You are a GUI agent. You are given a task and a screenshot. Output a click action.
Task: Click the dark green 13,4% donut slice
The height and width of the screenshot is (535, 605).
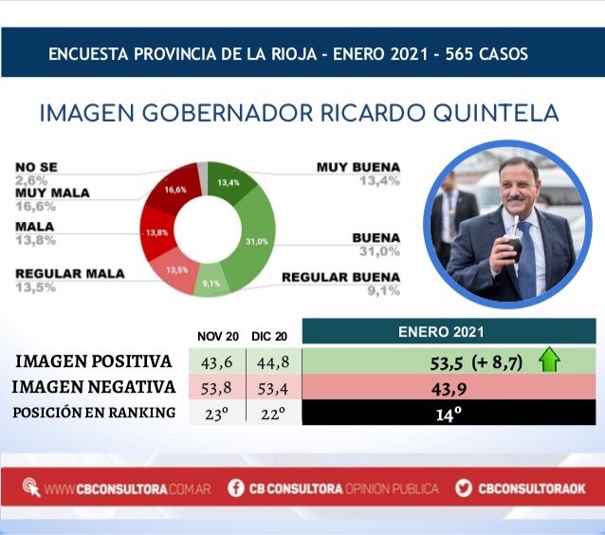click(x=229, y=180)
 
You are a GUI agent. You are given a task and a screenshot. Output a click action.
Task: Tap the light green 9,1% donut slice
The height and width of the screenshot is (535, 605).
click(x=211, y=282)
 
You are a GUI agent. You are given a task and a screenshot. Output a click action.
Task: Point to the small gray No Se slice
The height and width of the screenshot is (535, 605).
click(x=203, y=178)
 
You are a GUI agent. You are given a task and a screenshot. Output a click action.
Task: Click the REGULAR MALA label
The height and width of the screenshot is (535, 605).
click(x=70, y=274)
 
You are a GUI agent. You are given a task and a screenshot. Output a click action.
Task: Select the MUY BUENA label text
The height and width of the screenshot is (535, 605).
click(x=358, y=167)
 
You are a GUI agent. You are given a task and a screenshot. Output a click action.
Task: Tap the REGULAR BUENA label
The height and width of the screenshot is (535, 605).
click(x=340, y=277)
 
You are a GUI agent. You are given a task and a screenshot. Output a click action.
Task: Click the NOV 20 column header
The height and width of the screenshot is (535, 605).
click(x=217, y=337)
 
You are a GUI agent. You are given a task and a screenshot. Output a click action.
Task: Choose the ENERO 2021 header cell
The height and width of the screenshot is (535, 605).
click(x=449, y=332)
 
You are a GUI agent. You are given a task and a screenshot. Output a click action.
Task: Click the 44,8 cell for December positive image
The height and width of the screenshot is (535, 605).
click(x=273, y=362)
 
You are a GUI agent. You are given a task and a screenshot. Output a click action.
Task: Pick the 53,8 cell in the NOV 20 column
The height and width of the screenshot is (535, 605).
click(x=216, y=388)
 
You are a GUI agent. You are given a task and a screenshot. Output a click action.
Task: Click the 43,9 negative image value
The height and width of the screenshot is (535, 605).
click(x=449, y=389)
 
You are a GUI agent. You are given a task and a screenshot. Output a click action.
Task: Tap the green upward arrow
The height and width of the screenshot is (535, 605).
click(x=549, y=360)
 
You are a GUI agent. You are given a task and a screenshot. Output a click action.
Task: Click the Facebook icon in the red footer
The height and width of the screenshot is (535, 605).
click(x=236, y=488)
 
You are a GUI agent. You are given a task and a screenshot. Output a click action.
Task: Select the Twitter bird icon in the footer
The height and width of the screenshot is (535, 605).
click(x=464, y=488)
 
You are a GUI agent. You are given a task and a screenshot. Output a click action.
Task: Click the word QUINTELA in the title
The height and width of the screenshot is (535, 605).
click(x=496, y=114)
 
